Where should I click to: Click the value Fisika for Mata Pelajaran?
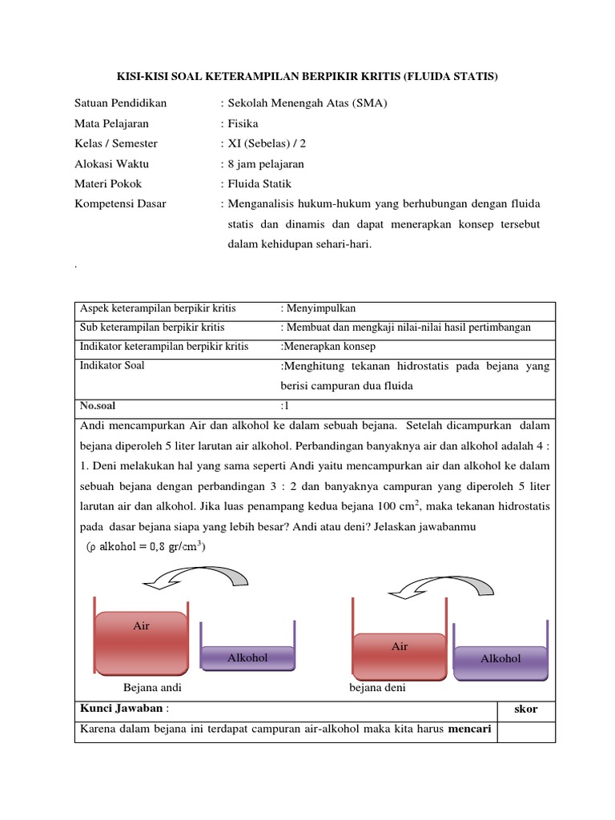[243, 123]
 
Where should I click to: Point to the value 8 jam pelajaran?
[266, 163]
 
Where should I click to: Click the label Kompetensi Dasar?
[120, 203]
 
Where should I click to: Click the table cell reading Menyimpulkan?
[320, 308]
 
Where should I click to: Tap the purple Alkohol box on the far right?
[500, 658]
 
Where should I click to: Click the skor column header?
[525, 709]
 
